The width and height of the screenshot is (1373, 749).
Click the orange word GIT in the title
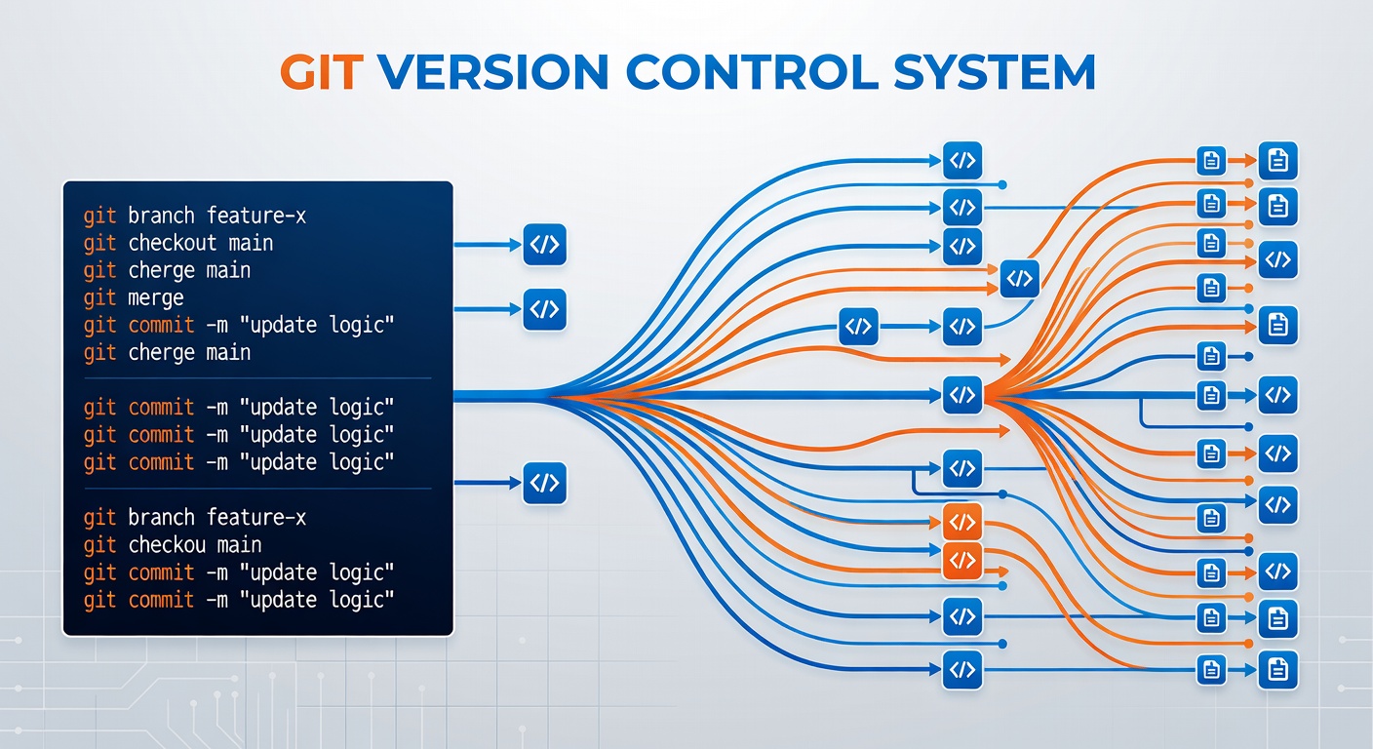321,72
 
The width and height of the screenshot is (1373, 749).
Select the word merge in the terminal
156,297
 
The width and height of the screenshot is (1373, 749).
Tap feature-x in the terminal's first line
256,216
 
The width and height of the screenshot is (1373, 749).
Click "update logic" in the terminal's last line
322,600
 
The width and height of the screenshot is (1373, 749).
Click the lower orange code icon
962,561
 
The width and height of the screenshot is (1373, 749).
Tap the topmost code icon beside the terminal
544,245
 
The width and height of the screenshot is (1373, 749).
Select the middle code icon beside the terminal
544,310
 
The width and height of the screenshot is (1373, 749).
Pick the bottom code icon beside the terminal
544,483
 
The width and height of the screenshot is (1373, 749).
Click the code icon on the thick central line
962,395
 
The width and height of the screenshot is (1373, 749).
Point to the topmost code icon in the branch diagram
962,161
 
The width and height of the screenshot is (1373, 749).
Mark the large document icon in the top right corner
1277,161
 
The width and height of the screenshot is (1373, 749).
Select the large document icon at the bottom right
1277,670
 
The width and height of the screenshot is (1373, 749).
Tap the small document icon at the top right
1210,161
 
